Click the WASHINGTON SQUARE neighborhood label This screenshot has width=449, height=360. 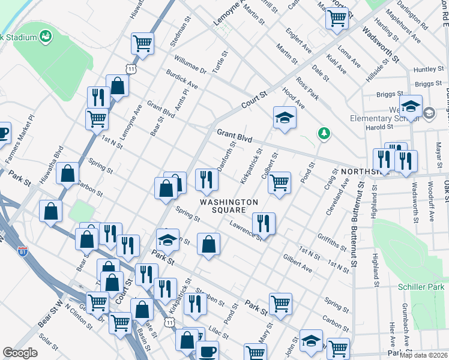(x=229, y=206)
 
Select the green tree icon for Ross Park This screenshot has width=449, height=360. (x=324, y=133)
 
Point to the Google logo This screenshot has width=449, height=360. (x=20, y=353)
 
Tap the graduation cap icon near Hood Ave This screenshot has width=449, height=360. (x=285, y=118)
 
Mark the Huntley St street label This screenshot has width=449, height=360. (x=428, y=70)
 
